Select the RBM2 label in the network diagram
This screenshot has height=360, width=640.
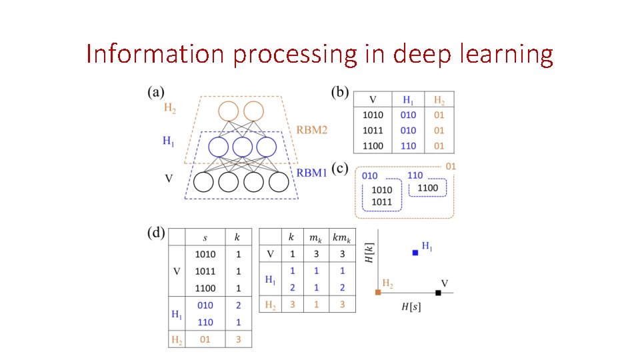312,129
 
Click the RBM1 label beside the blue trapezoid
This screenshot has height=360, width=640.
312,173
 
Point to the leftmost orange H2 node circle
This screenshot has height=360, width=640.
227,112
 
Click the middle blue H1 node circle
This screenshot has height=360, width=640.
243,147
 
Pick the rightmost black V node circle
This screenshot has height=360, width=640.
279,181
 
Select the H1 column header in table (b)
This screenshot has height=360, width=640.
408,99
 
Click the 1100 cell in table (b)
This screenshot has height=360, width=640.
372,145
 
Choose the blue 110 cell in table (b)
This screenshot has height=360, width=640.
408,145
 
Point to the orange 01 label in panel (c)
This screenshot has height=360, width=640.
451,165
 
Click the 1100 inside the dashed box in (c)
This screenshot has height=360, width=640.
427,188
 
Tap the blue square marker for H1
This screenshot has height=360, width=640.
415,253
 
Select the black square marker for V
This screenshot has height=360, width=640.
438,293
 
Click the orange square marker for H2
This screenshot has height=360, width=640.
378,293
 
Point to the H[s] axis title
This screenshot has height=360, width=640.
410,307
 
